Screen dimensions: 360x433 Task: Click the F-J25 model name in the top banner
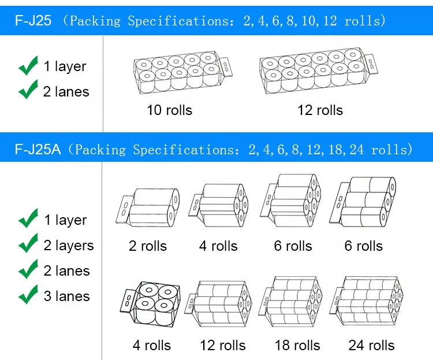point(33,21)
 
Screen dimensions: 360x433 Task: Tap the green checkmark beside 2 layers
point(28,244)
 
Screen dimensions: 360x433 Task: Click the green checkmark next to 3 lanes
point(28,295)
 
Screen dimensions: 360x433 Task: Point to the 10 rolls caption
point(169,110)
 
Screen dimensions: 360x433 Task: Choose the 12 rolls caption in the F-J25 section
point(320,110)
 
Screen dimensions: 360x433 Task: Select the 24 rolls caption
point(371,346)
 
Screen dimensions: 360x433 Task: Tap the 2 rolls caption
point(148,246)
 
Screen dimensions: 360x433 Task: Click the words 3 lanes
point(67,296)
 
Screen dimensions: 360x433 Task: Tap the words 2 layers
point(69,245)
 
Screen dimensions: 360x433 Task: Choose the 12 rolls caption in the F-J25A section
point(222,346)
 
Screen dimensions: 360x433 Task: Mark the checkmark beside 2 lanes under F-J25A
point(28,270)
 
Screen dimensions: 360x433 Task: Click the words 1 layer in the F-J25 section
point(65,66)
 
